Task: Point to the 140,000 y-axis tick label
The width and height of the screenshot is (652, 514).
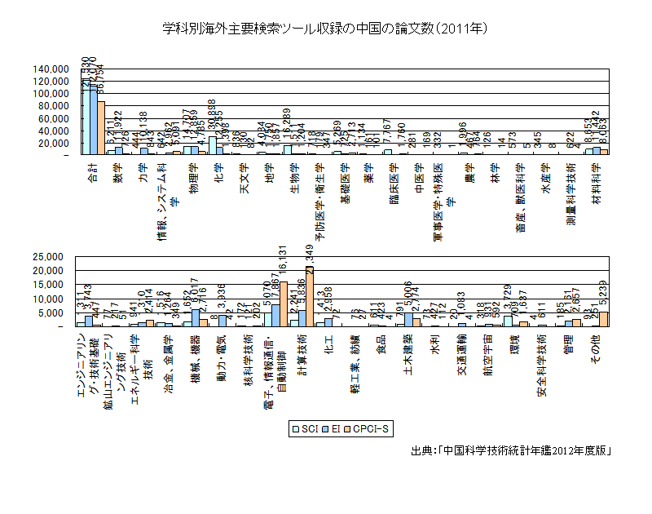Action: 51,69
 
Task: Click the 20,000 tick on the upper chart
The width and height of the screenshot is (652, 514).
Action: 55,143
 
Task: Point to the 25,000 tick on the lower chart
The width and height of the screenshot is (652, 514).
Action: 55,256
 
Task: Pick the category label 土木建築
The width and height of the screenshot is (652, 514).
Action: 407,355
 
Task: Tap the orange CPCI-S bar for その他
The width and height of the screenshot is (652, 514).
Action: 604,319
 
